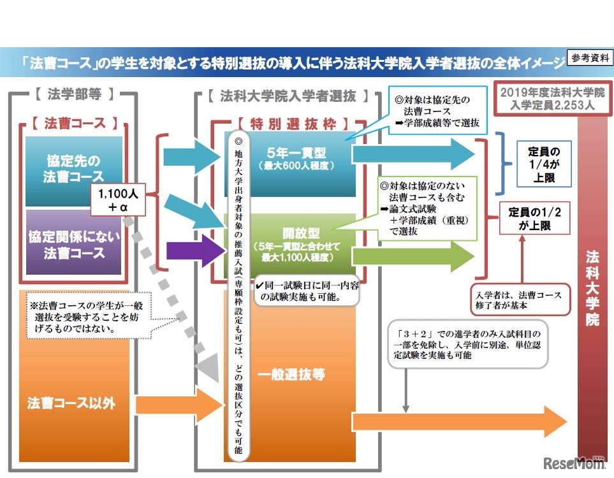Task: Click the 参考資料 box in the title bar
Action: point(588,58)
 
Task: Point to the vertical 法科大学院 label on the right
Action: point(593,287)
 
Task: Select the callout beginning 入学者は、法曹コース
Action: point(522,300)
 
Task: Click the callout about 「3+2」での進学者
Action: point(469,344)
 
